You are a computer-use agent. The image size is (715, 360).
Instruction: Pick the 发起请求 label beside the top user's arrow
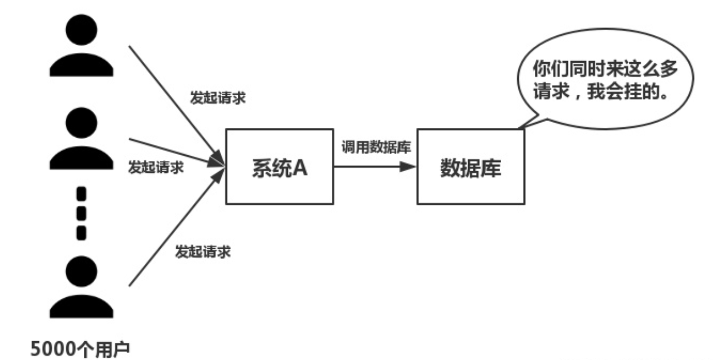217,97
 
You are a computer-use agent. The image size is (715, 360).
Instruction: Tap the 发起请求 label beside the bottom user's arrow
202,251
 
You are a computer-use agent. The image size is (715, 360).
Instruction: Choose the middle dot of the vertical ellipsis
81,212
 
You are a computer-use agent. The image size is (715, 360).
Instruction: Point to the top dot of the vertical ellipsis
81,194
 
